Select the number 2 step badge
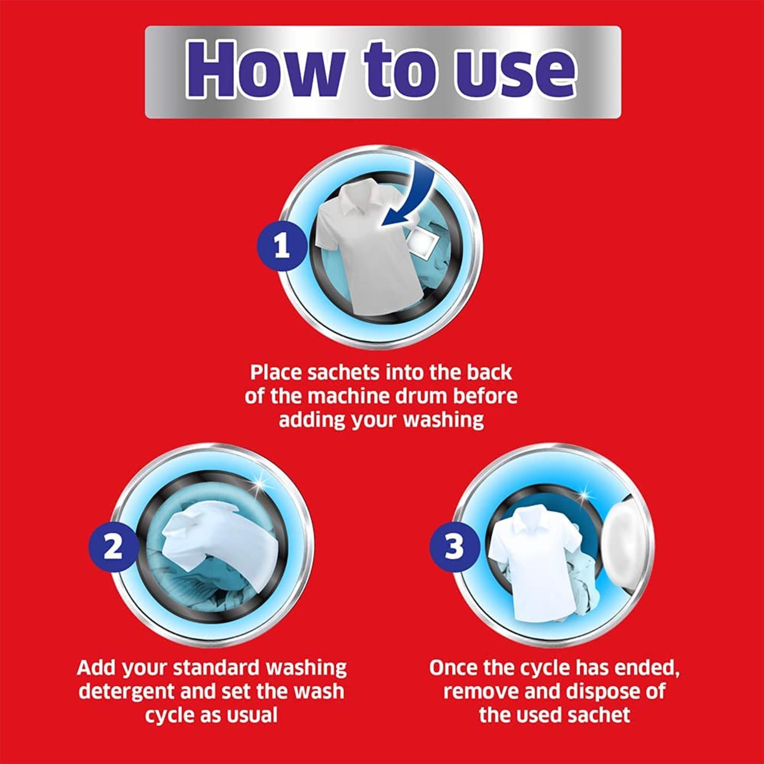pyautogui.click(x=113, y=548)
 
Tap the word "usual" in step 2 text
pyautogui.click(x=250, y=715)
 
